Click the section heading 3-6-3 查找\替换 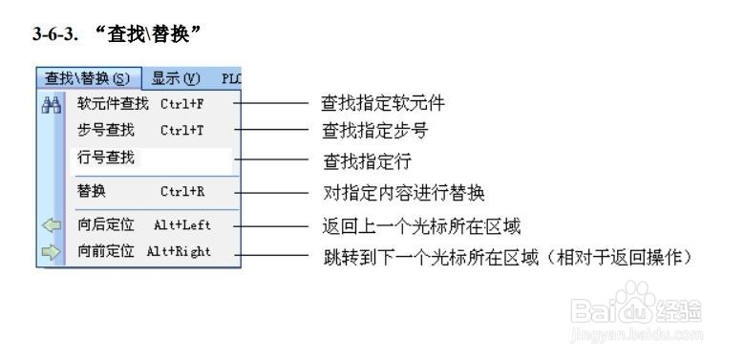[119, 33]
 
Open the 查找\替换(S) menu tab [89, 78]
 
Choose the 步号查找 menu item [106, 129]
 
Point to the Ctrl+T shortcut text [181, 129]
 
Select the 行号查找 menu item [106, 158]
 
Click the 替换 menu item [92, 191]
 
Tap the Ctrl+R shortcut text [181, 191]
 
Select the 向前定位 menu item [106, 253]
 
